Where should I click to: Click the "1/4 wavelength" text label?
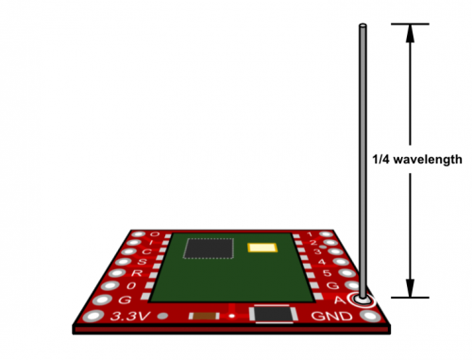[417, 160]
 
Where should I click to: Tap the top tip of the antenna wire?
[362, 25]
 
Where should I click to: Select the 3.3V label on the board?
[130, 317]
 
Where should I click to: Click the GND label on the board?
[331, 316]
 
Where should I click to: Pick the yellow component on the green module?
[262, 248]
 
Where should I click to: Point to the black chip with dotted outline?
[209, 249]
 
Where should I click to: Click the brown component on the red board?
[204, 316]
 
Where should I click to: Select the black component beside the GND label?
[274, 314]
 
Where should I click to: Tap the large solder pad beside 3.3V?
[93, 317]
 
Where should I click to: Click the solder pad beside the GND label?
[370, 316]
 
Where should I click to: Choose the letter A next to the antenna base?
[339, 300]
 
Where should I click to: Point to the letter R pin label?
[137, 273]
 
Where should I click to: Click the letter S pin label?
[142, 262]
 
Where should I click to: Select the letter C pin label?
[146, 251]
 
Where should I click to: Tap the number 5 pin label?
[327, 273]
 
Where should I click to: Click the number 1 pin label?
[310, 234]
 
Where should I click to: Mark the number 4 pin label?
[322, 262]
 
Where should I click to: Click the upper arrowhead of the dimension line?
[410, 33]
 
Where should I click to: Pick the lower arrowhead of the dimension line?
[410, 288]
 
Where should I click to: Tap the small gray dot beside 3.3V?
[162, 316]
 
